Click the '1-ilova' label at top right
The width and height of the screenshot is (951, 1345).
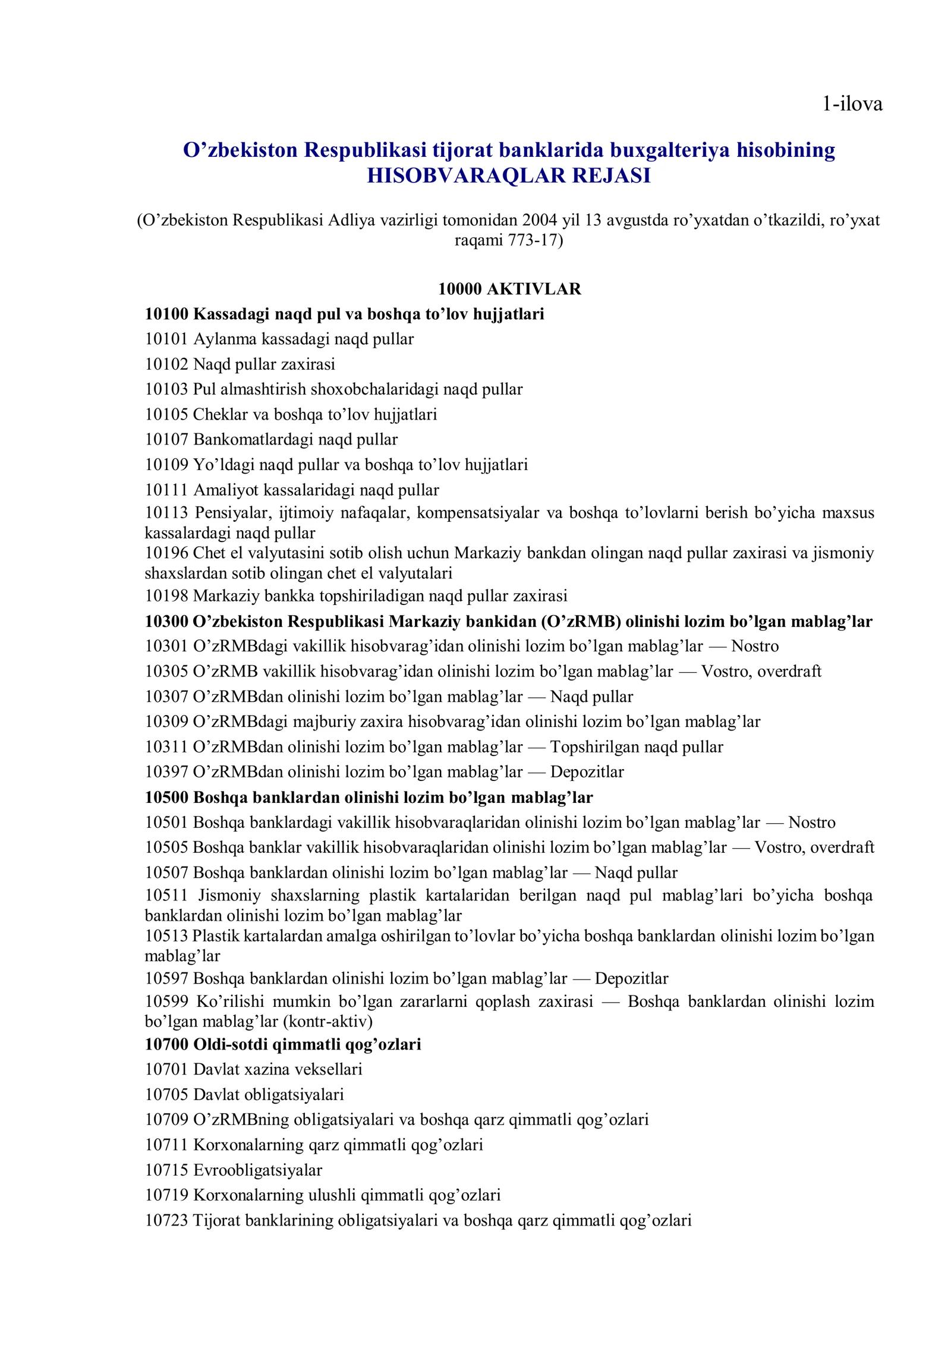[852, 105]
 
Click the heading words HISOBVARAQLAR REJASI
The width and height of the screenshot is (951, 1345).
[509, 176]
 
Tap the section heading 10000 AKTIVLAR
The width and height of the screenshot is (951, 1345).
[509, 289]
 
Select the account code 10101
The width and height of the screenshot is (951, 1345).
[166, 339]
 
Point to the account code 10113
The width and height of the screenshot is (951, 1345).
[166, 512]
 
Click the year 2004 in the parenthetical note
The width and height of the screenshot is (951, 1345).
[540, 221]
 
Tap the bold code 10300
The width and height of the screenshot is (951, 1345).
[166, 622]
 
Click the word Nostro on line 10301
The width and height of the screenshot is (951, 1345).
[755, 646]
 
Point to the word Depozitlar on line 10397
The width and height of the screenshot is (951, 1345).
[587, 772]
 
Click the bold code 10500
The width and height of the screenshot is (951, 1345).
[166, 798]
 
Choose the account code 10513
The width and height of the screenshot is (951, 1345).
[166, 936]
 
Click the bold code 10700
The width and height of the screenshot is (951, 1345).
[166, 1044]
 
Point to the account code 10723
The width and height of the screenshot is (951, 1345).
[166, 1221]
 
